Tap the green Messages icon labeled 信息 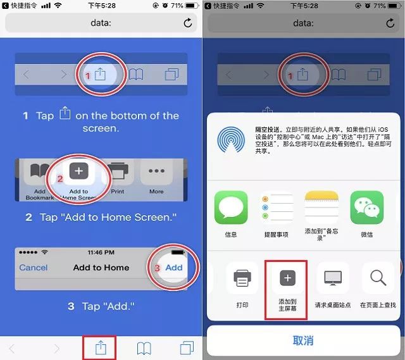231,208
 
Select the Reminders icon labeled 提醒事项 276,208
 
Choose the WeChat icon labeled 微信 367,208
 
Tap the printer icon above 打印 242,278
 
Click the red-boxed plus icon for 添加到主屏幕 287,278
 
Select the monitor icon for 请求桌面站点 332,278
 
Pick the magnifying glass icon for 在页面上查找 378,278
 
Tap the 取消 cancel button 303,340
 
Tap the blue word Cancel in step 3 34,268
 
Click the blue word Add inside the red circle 174,268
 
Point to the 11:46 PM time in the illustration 101,252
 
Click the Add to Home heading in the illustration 101,268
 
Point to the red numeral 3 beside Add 158,268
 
